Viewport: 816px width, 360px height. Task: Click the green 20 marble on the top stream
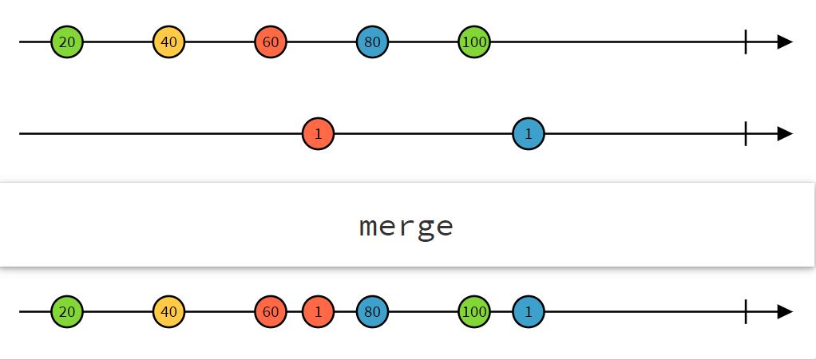pyautogui.click(x=67, y=42)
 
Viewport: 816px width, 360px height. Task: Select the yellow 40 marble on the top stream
pyautogui.click(x=168, y=42)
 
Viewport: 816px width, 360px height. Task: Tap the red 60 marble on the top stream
pyautogui.click(x=271, y=42)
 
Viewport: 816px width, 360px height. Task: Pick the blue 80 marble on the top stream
pyautogui.click(x=372, y=42)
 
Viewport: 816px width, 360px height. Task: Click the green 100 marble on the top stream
pyautogui.click(x=474, y=42)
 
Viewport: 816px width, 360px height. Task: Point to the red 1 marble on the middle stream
pyautogui.click(x=318, y=133)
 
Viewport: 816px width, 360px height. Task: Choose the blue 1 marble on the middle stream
pyautogui.click(x=529, y=133)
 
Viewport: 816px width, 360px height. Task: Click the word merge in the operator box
pyautogui.click(x=406, y=227)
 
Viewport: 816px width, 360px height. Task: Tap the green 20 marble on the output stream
pyautogui.click(x=67, y=311)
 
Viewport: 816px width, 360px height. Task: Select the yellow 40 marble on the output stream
pyautogui.click(x=168, y=311)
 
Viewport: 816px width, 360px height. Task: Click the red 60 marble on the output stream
pyautogui.click(x=271, y=311)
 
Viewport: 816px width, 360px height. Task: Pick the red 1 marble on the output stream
pyautogui.click(x=318, y=311)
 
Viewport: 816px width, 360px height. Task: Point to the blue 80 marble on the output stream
pyautogui.click(x=372, y=311)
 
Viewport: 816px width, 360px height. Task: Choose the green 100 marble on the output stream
pyautogui.click(x=474, y=311)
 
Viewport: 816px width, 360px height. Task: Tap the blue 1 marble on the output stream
pyautogui.click(x=529, y=311)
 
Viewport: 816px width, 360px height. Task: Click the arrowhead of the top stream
pyautogui.click(x=785, y=42)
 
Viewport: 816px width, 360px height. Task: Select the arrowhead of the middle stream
pyautogui.click(x=785, y=133)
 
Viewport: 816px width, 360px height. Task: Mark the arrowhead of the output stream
pyautogui.click(x=785, y=311)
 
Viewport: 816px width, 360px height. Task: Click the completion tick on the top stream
pyautogui.click(x=746, y=42)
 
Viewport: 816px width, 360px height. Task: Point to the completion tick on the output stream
pyautogui.click(x=746, y=311)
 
